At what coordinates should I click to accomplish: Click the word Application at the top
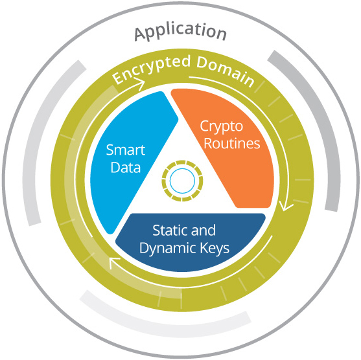pos(180,32)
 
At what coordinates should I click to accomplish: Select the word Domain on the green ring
pos(226,70)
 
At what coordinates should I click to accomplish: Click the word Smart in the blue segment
pos(126,150)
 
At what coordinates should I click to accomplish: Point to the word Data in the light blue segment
pos(126,167)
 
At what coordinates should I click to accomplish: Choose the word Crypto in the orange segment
pos(221,127)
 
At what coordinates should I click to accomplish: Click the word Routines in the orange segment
pos(232,143)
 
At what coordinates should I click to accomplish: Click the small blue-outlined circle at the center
pos(182,181)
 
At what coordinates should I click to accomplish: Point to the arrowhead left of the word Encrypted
pos(140,84)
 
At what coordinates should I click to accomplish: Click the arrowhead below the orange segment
pos(285,205)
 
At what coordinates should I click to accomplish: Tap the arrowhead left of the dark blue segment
pos(113,262)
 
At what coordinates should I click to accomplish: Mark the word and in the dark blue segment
pos(203,230)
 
